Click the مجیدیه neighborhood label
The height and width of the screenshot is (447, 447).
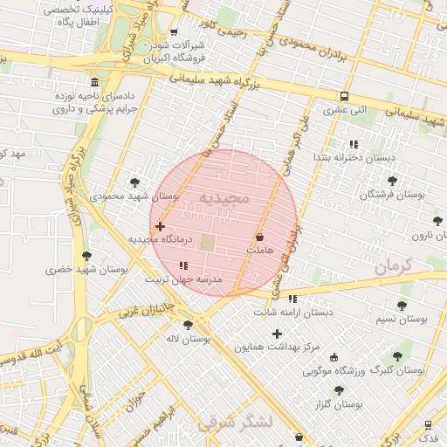coord(224,198)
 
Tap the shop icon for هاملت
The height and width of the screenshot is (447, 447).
coord(259,237)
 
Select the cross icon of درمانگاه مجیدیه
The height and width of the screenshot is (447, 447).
coord(160,226)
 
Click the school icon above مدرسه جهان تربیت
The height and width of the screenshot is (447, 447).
coord(182,265)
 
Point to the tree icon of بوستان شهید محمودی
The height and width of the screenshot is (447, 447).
coord(134,182)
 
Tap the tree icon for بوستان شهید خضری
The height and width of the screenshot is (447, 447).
coord(86,256)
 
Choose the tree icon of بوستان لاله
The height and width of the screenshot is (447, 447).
coord(188,325)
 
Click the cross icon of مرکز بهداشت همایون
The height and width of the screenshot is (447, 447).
coord(278,334)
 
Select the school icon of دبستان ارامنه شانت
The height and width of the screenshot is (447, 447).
coord(292,299)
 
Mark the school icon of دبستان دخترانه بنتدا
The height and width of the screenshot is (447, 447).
coord(354,144)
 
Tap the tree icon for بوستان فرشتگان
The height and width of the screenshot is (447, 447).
coord(392,181)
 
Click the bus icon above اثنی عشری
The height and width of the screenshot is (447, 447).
coord(345,97)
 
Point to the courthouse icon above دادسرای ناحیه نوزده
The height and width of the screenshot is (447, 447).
coord(94,94)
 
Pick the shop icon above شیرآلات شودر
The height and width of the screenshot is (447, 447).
coord(174,32)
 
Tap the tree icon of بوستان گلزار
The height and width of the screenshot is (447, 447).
coord(339,390)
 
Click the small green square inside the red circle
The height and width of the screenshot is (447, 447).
coord(208,241)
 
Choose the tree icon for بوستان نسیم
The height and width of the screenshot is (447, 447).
coord(402,306)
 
